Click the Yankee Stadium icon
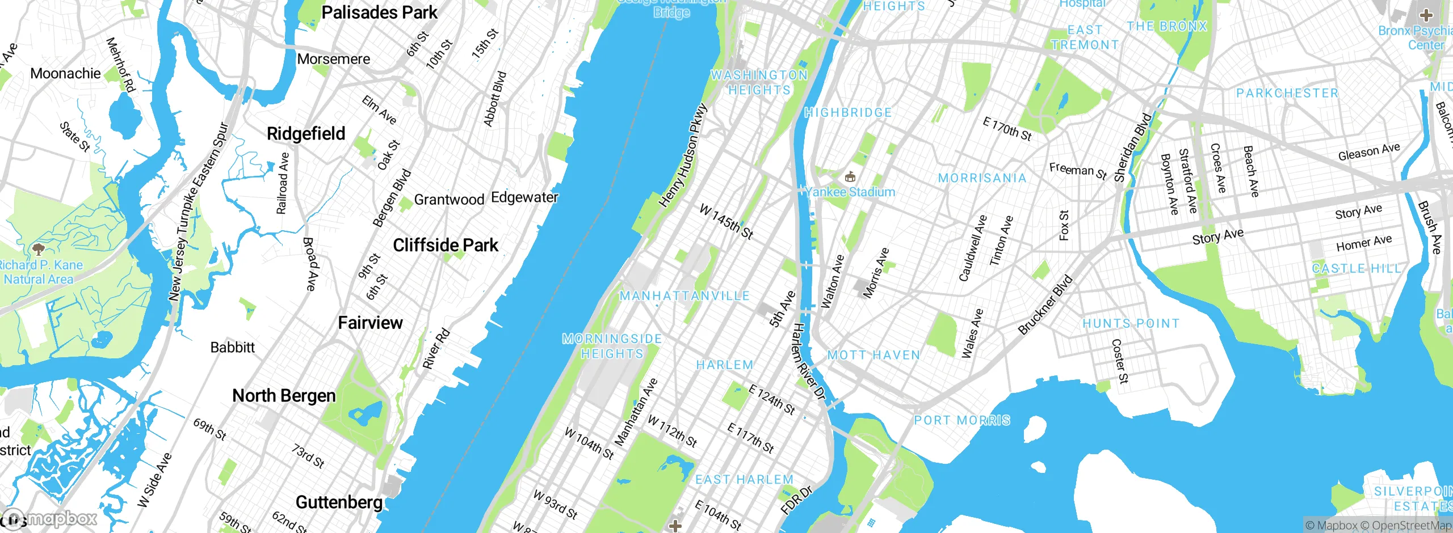[x=850, y=177]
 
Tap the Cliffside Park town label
[x=446, y=245]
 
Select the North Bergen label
[x=284, y=395]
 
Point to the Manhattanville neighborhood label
[x=684, y=295]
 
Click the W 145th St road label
[x=726, y=222]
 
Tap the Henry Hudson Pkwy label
[x=683, y=155]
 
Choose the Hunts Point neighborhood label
[x=1131, y=323]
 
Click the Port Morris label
[x=962, y=420]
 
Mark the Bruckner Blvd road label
[x=1045, y=304]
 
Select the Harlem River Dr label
[x=809, y=362]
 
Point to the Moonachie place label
[x=65, y=73]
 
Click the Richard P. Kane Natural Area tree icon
[x=38, y=249]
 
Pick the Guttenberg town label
[x=339, y=502]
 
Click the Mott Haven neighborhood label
[x=874, y=355]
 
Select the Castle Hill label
[x=1356, y=268]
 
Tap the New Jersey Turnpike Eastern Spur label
[x=198, y=211]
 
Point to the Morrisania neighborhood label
[x=982, y=178]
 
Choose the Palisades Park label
[x=379, y=12]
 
